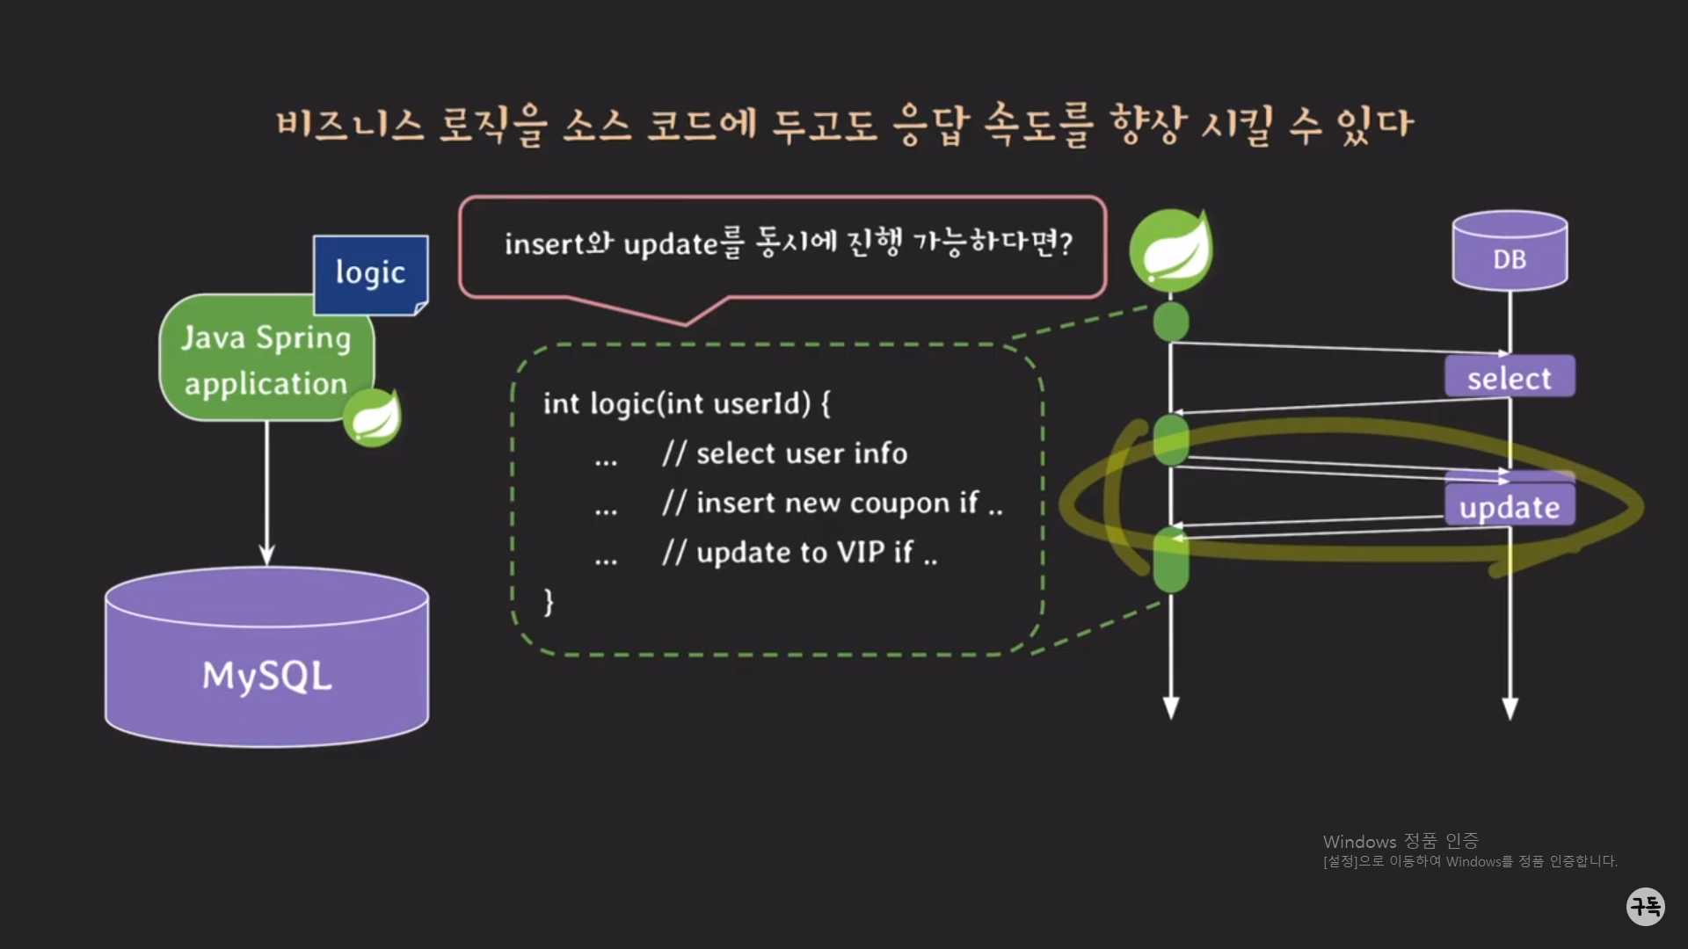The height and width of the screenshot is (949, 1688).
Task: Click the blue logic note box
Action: [370, 274]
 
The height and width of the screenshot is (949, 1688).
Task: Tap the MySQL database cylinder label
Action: [267, 676]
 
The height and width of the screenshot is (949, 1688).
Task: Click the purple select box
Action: [1510, 378]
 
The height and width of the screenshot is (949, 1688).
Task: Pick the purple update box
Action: [1510, 506]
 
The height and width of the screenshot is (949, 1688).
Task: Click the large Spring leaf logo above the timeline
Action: [1171, 250]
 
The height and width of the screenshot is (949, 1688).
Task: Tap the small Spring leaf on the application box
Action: [373, 417]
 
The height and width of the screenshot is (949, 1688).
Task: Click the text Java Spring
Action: [266, 337]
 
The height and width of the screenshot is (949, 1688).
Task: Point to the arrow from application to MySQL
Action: [267, 492]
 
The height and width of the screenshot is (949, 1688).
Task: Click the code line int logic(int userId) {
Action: [686, 403]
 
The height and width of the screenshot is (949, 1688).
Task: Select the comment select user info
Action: [784, 453]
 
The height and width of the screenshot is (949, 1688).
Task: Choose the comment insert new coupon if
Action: [832, 503]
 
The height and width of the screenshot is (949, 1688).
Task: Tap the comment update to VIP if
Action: [799, 553]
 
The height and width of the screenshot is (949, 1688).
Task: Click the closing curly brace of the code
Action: [549, 602]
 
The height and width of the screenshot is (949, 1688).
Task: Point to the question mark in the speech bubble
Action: [1066, 243]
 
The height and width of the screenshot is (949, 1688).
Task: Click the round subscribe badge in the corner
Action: [1645, 905]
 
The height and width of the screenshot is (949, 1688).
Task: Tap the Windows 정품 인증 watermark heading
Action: [1401, 842]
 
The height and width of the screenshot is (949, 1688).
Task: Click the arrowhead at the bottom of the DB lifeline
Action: [1510, 708]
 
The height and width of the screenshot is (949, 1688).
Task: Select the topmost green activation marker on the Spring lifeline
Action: [1171, 322]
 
